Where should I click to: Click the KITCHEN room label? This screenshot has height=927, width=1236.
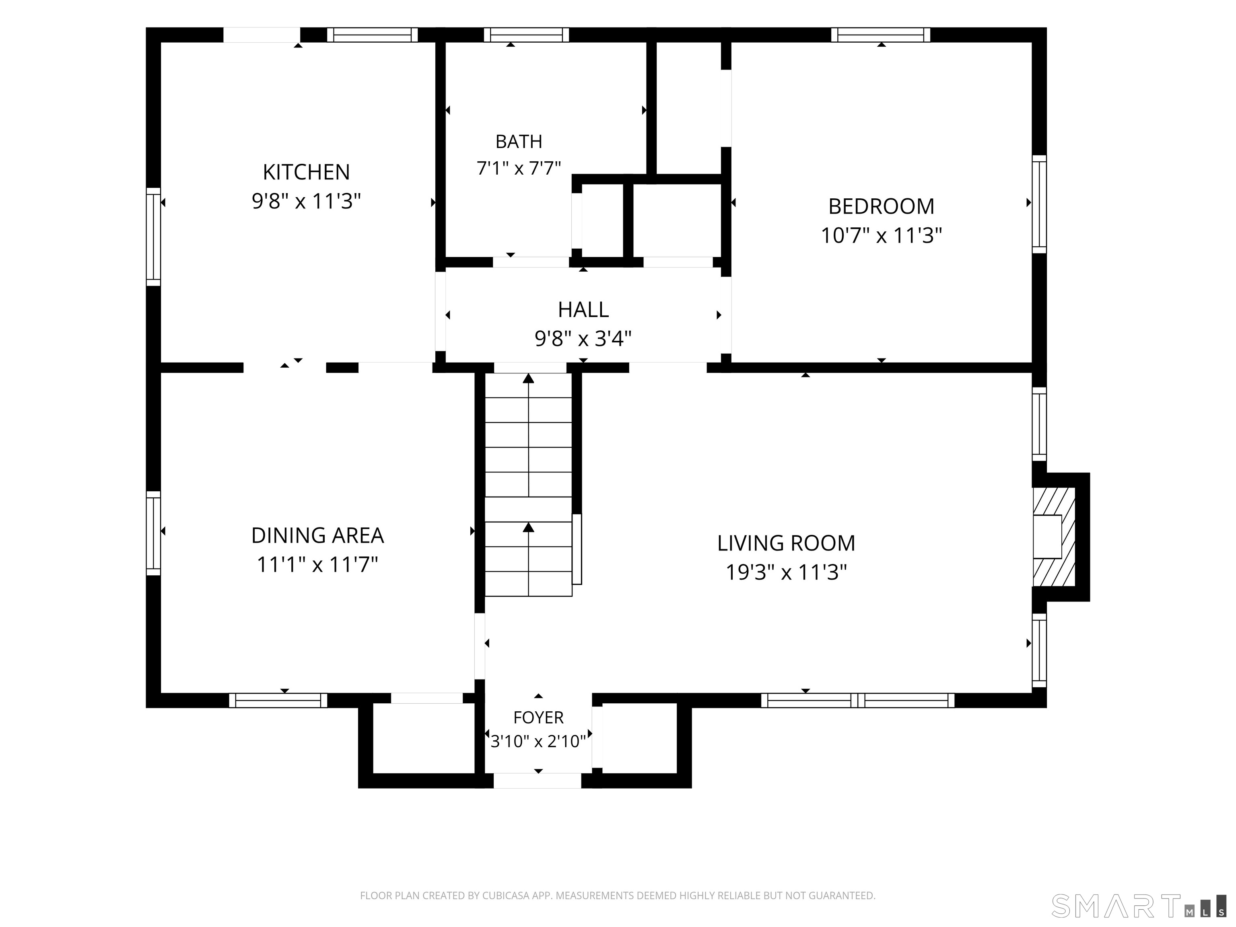306,172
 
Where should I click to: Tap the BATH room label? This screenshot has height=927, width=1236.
519,142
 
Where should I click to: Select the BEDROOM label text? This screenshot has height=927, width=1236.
881,207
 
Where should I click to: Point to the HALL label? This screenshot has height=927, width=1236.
583,309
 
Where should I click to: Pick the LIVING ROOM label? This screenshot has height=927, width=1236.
786,543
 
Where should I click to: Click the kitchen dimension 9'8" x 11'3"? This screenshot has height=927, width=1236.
306,201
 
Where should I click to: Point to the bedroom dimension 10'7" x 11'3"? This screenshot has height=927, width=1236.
881,236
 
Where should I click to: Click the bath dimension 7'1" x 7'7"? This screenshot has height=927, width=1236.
519,168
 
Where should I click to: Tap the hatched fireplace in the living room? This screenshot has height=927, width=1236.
1054,536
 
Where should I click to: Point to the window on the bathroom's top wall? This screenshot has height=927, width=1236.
526,35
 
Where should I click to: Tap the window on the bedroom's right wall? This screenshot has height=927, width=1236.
1039,204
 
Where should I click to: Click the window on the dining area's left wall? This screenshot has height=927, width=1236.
154,533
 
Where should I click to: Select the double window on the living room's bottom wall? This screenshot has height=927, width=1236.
858,700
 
